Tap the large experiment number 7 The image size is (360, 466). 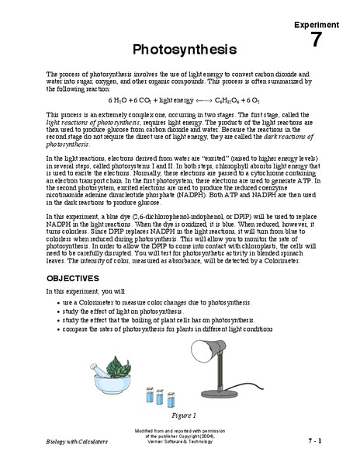[316, 40]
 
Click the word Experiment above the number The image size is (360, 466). [315, 26]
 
